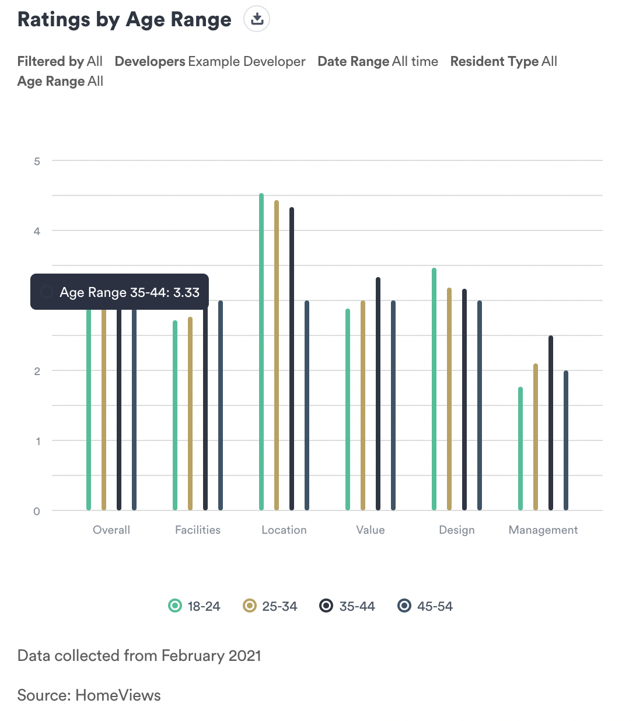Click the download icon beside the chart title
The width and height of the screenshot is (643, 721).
pyautogui.click(x=257, y=20)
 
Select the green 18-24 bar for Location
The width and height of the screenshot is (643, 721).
pyautogui.click(x=261, y=350)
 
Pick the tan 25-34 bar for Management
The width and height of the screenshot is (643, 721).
pyautogui.click(x=536, y=437)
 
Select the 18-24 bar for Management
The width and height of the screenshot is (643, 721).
pyautogui.click(x=520, y=449)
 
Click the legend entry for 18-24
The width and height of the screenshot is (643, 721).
pyautogui.click(x=194, y=606)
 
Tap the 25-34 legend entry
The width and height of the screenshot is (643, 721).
pyautogui.click(x=270, y=606)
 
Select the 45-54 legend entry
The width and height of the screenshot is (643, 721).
pyautogui.click(x=425, y=606)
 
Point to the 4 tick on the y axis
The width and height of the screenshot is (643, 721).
pyautogui.click(x=37, y=231)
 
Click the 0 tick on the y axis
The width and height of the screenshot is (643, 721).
pyautogui.click(x=37, y=512)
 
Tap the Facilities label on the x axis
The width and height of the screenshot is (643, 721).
pyautogui.click(x=198, y=530)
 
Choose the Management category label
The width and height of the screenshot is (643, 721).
pyautogui.click(x=543, y=530)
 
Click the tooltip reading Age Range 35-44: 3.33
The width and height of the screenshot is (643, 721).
pyautogui.click(x=120, y=292)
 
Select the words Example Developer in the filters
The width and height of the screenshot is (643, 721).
pyautogui.click(x=247, y=61)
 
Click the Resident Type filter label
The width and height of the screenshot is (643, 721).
pyautogui.click(x=494, y=61)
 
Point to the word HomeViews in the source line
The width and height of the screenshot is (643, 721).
pyautogui.click(x=118, y=695)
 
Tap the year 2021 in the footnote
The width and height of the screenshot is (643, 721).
pyautogui.click(x=245, y=656)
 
